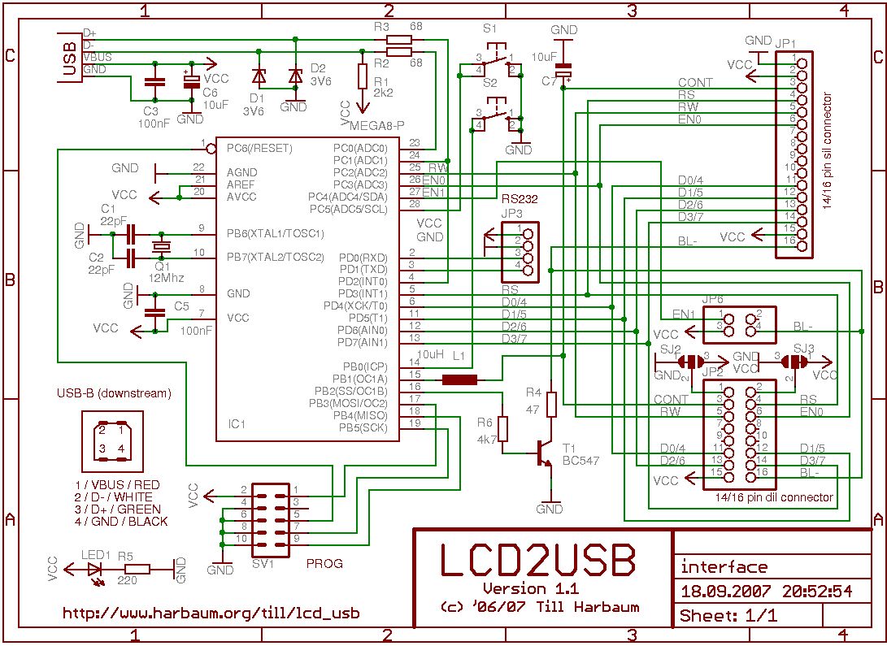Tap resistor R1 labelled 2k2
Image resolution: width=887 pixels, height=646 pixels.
click(x=363, y=76)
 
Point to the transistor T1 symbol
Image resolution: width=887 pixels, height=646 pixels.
click(x=541, y=454)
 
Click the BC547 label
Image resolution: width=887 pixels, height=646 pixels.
click(x=580, y=461)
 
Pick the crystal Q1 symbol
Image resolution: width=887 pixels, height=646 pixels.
click(x=162, y=245)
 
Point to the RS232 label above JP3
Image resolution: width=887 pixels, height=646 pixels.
click(x=520, y=198)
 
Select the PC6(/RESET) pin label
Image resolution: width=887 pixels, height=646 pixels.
click(x=259, y=149)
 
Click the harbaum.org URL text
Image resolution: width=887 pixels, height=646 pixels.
click(x=211, y=613)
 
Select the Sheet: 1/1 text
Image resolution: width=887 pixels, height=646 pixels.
click(x=728, y=615)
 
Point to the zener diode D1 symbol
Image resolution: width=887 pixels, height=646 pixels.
click(x=259, y=77)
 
